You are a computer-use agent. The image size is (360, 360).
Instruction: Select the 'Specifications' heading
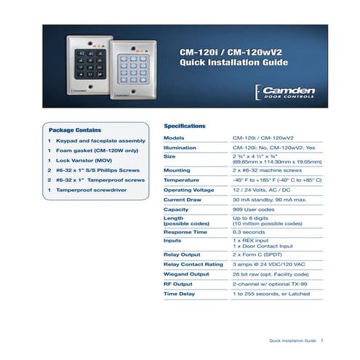coord(185,125)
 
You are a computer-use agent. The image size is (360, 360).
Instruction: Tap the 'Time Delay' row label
coord(180,294)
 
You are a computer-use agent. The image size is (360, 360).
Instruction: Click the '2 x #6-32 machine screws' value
coord(267,168)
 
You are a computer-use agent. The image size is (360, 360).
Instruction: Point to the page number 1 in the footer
coord(322,340)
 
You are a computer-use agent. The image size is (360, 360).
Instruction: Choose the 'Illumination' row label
coord(180,148)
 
